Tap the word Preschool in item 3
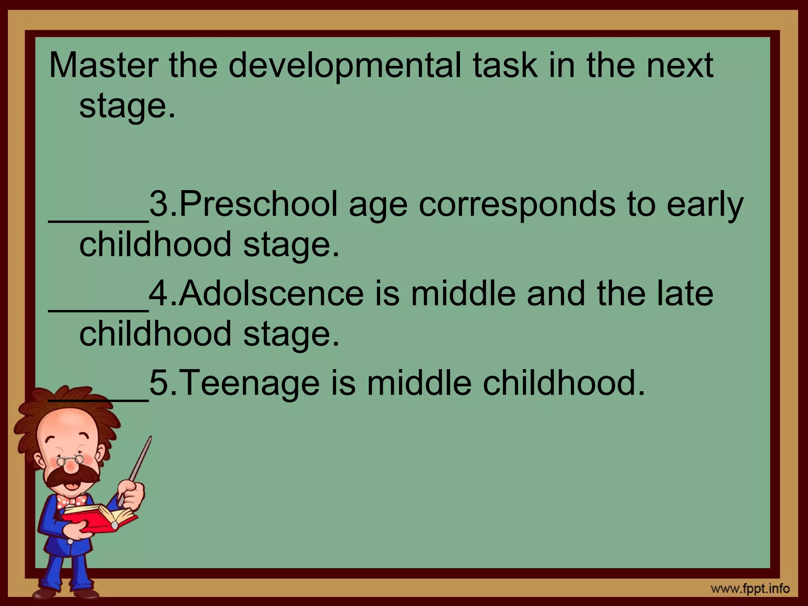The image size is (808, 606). (x=259, y=204)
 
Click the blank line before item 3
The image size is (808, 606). (x=99, y=221)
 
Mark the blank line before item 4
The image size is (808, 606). (x=99, y=310)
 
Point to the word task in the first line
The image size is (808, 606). (x=505, y=65)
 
